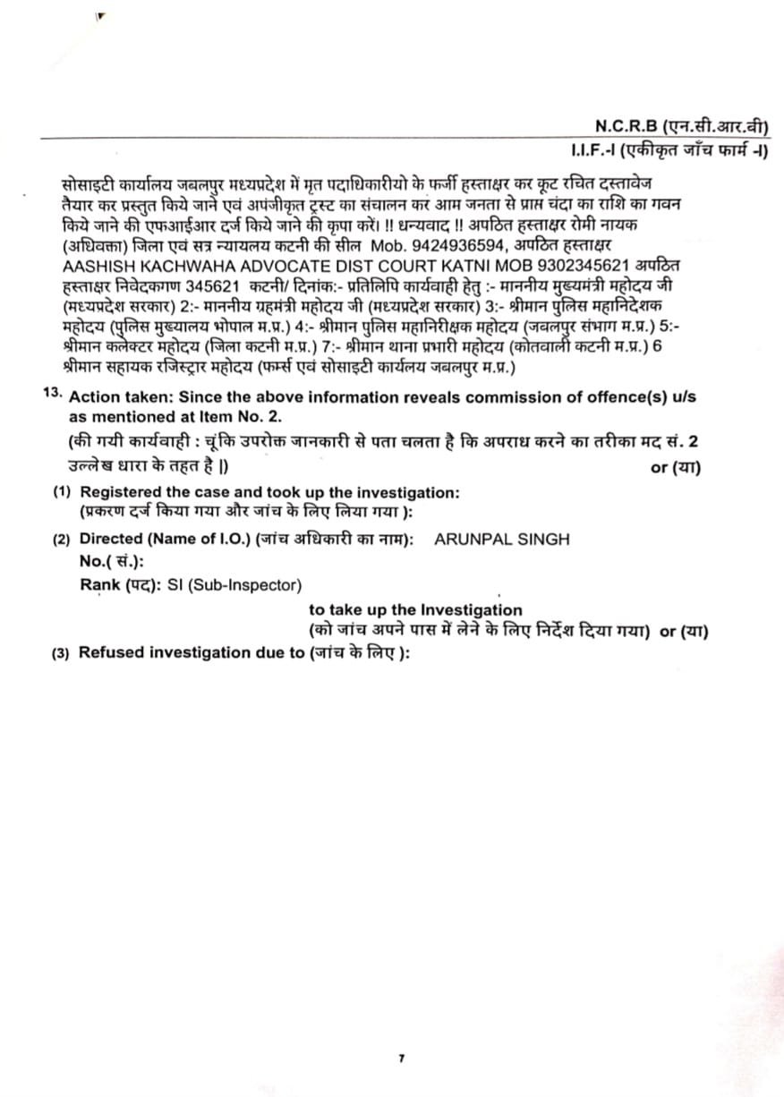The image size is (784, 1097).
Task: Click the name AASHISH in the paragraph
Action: tap(99, 267)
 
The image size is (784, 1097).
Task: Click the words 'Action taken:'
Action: tap(115, 396)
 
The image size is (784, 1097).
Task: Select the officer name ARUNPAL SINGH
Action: tap(501, 539)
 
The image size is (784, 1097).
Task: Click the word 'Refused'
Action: tap(111, 651)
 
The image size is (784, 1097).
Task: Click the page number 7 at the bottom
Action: tap(401, 1059)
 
